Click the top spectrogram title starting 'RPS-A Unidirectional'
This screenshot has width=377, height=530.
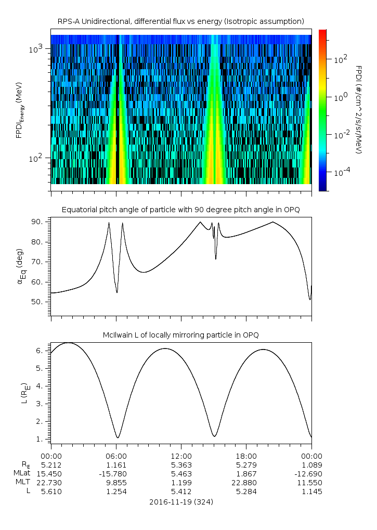point(180,21)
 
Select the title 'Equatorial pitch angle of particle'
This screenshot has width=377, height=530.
point(180,210)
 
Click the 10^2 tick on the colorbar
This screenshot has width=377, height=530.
point(340,60)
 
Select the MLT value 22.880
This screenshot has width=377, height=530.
point(246,483)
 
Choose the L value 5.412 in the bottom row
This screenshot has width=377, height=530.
point(181,492)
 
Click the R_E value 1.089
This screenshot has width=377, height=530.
point(311,464)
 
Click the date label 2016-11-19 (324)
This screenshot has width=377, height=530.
point(181,502)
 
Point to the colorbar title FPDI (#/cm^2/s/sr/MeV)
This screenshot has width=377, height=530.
point(358,110)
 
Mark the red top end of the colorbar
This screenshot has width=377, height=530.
point(323,32)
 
